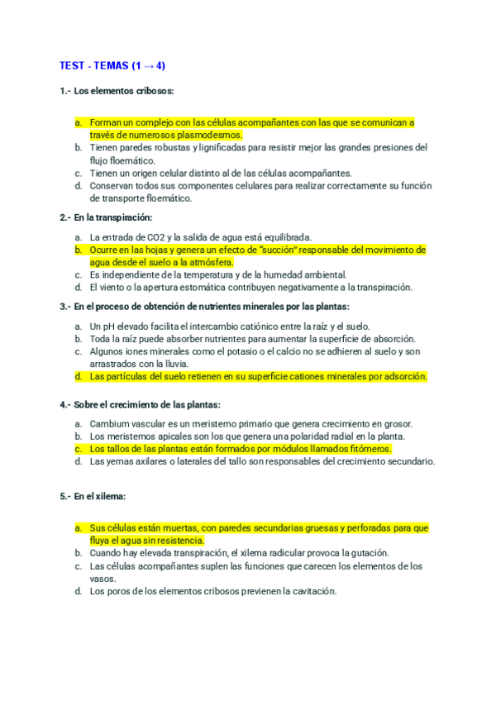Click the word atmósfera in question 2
[207, 262]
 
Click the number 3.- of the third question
[65, 307]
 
